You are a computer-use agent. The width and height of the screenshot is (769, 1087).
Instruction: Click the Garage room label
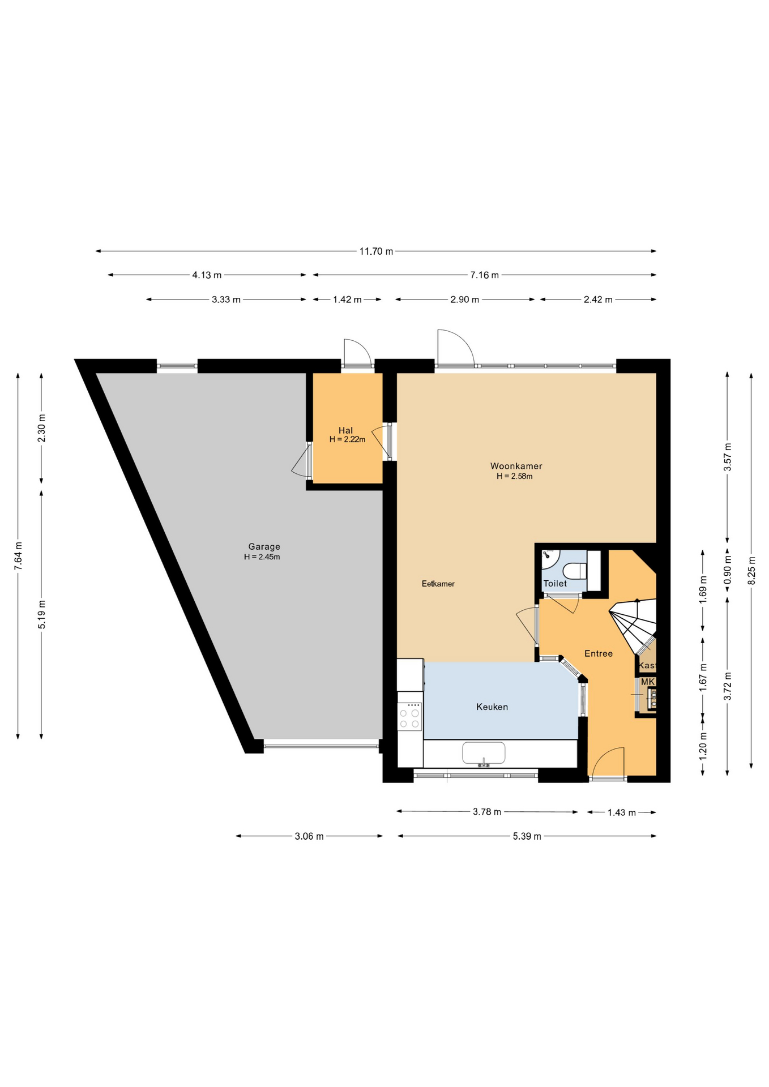point(264,546)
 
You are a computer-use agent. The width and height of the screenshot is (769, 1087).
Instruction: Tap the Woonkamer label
point(516,466)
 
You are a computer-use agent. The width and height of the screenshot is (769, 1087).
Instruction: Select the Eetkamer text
point(438,584)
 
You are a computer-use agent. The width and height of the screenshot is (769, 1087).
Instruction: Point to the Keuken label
point(492,707)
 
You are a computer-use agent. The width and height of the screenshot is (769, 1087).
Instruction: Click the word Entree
point(598,653)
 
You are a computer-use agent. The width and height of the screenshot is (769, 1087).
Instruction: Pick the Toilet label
point(555,583)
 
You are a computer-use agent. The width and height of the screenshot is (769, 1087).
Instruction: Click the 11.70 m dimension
point(376,251)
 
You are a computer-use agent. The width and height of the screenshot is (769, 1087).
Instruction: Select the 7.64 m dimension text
point(18,557)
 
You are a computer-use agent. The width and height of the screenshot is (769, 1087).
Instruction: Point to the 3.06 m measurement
point(309,836)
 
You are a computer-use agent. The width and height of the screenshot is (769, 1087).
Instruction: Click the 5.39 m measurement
point(527,836)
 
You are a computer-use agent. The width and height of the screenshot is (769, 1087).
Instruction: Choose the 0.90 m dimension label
point(728,570)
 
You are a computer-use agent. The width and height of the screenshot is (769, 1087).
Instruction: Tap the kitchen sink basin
point(484,753)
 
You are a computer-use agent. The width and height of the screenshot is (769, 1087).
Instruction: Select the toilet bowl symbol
point(575,571)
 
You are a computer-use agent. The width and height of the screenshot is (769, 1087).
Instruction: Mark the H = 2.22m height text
point(347,439)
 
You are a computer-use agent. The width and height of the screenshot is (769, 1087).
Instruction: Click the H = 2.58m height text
point(515,476)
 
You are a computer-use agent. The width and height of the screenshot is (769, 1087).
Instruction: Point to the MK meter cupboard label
point(647,682)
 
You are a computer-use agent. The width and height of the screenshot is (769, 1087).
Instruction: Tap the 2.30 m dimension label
point(41,429)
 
